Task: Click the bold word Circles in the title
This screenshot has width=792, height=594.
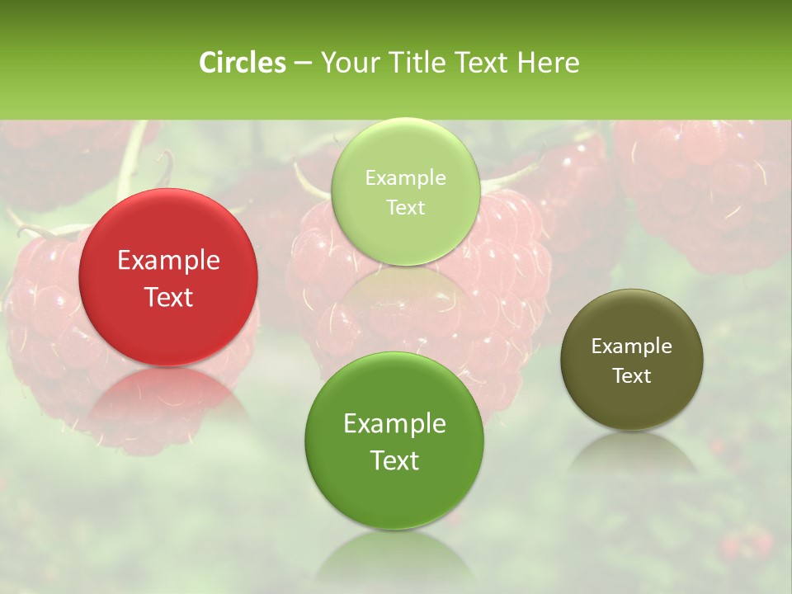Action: tap(242, 63)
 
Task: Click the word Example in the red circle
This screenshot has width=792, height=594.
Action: tap(168, 261)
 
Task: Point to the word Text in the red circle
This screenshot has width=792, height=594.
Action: tap(168, 297)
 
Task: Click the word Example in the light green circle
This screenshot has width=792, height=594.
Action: tap(405, 178)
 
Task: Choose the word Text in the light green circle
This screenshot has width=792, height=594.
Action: tap(405, 208)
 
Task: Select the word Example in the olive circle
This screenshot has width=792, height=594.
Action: tap(632, 346)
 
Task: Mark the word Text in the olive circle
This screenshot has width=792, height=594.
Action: tap(632, 376)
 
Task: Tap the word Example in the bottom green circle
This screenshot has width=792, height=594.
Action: tap(394, 424)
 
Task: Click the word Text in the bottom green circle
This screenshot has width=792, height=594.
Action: tap(394, 460)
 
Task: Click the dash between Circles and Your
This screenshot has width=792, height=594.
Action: tap(302, 64)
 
